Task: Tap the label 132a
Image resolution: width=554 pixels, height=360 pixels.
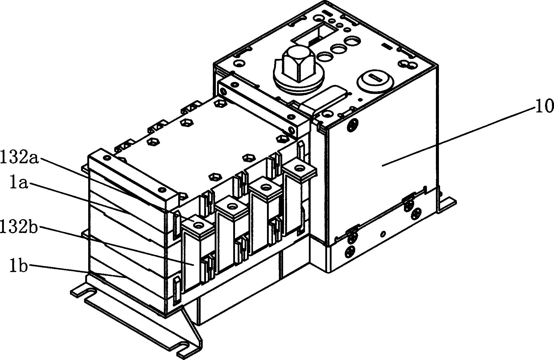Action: tap(19, 158)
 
